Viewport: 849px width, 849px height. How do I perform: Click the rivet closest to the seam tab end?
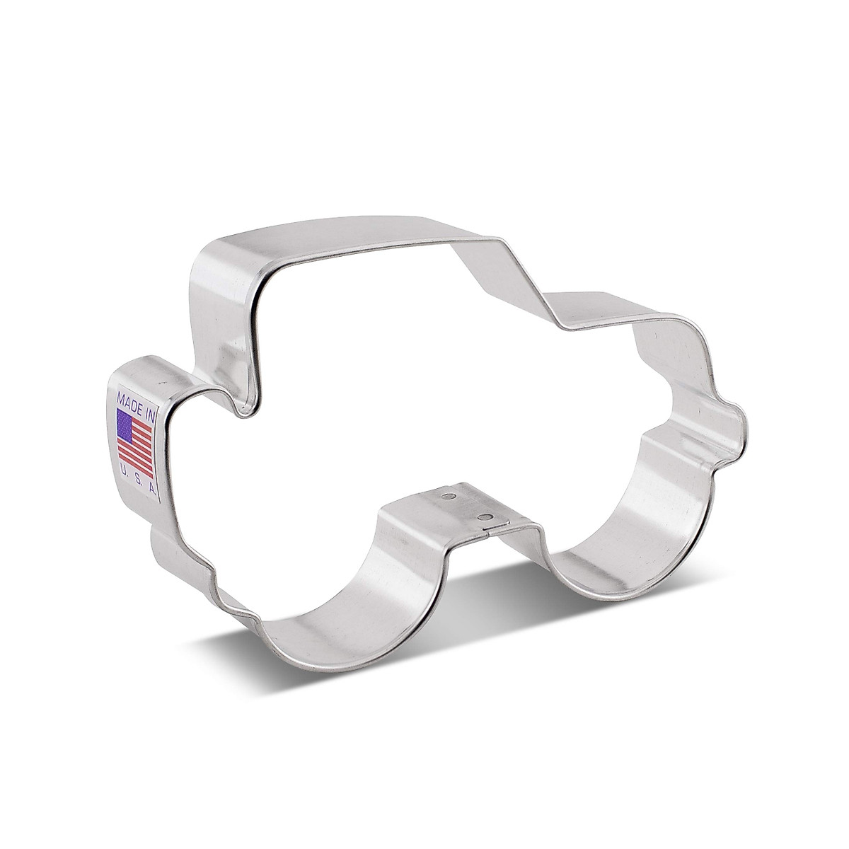484,518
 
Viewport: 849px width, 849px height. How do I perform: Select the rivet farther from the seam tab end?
446,497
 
